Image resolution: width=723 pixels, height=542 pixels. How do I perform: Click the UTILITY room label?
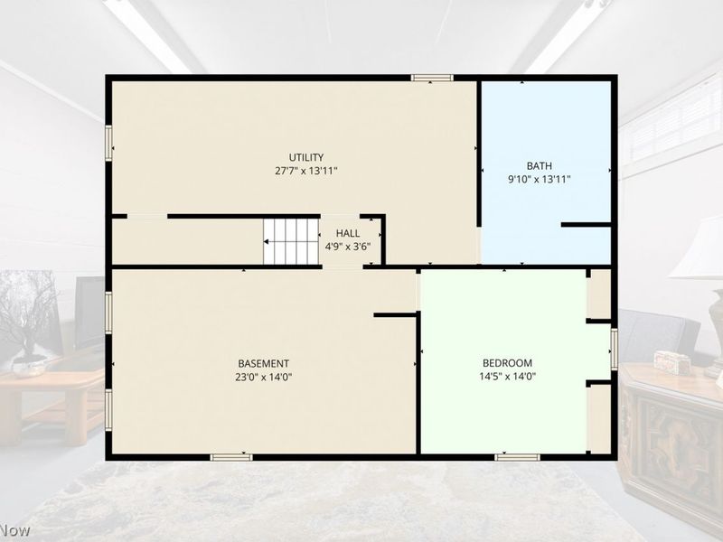tap(306, 157)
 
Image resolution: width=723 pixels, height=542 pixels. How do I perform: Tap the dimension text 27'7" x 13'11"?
tap(306, 171)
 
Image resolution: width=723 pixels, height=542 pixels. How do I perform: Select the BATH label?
tap(539, 165)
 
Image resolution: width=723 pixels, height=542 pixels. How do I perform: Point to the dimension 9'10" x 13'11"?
tap(539, 179)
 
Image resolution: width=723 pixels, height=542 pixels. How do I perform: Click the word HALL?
tap(348, 233)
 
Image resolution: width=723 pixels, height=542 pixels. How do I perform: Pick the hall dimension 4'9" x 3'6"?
tap(348, 247)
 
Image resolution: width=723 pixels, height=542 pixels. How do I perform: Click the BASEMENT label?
tap(263, 363)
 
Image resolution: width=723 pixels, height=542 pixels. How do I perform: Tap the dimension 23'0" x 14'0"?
tap(263, 377)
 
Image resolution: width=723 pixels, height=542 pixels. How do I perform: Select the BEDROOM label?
tap(507, 363)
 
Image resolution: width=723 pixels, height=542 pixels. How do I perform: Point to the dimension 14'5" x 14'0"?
tap(507, 377)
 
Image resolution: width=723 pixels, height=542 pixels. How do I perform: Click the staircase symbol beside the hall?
tap(291, 241)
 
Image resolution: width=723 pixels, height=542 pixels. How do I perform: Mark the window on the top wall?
tap(432, 78)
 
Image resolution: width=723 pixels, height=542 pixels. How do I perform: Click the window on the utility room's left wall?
tap(108, 144)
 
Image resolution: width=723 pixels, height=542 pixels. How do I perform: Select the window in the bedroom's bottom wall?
tap(517, 457)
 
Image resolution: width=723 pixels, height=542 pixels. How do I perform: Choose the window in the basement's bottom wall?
tap(231, 457)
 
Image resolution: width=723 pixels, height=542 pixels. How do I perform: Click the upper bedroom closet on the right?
tap(600, 294)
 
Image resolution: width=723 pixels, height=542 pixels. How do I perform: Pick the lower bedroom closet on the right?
tap(600, 419)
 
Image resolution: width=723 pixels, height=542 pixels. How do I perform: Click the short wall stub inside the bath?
tap(586, 225)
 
